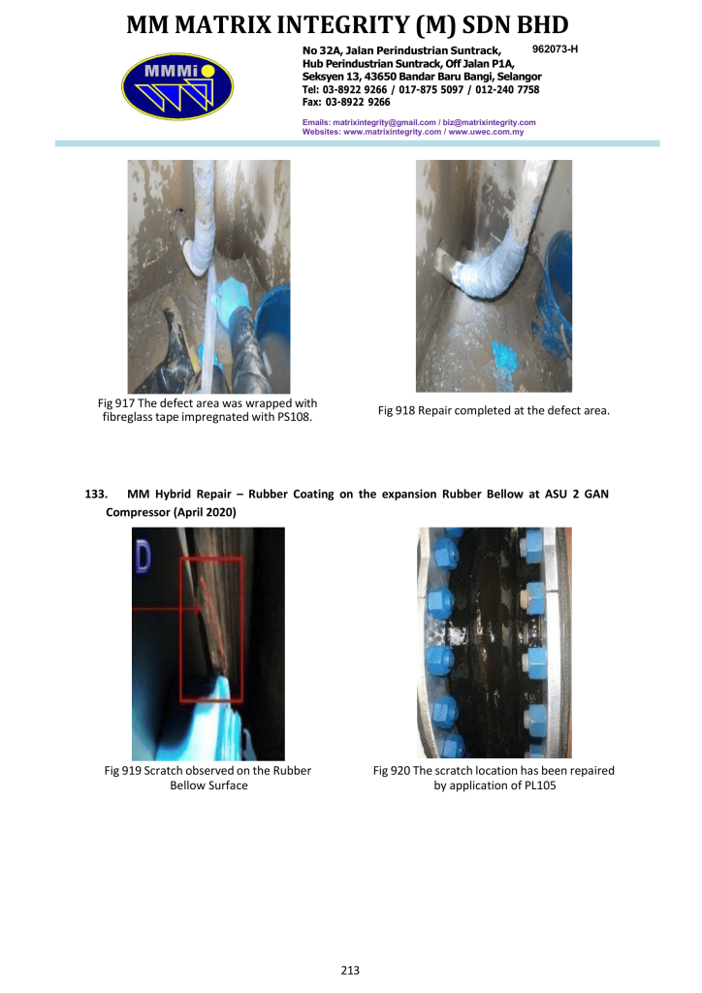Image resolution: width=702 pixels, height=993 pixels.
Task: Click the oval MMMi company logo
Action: (x=177, y=86)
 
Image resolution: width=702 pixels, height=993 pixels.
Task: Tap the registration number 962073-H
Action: (x=556, y=48)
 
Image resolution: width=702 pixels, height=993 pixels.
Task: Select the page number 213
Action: (x=350, y=970)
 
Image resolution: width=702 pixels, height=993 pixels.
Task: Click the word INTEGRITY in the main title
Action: (x=342, y=24)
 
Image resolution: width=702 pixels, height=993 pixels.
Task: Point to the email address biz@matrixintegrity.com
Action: (x=490, y=122)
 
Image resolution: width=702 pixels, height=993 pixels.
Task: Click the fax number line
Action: (x=346, y=102)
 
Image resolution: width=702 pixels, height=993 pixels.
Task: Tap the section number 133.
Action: (x=96, y=494)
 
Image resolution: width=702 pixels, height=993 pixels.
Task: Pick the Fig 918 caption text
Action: (x=494, y=410)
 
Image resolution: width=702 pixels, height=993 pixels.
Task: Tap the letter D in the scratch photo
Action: (x=144, y=559)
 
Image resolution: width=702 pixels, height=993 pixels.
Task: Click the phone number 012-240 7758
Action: (x=507, y=89)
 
